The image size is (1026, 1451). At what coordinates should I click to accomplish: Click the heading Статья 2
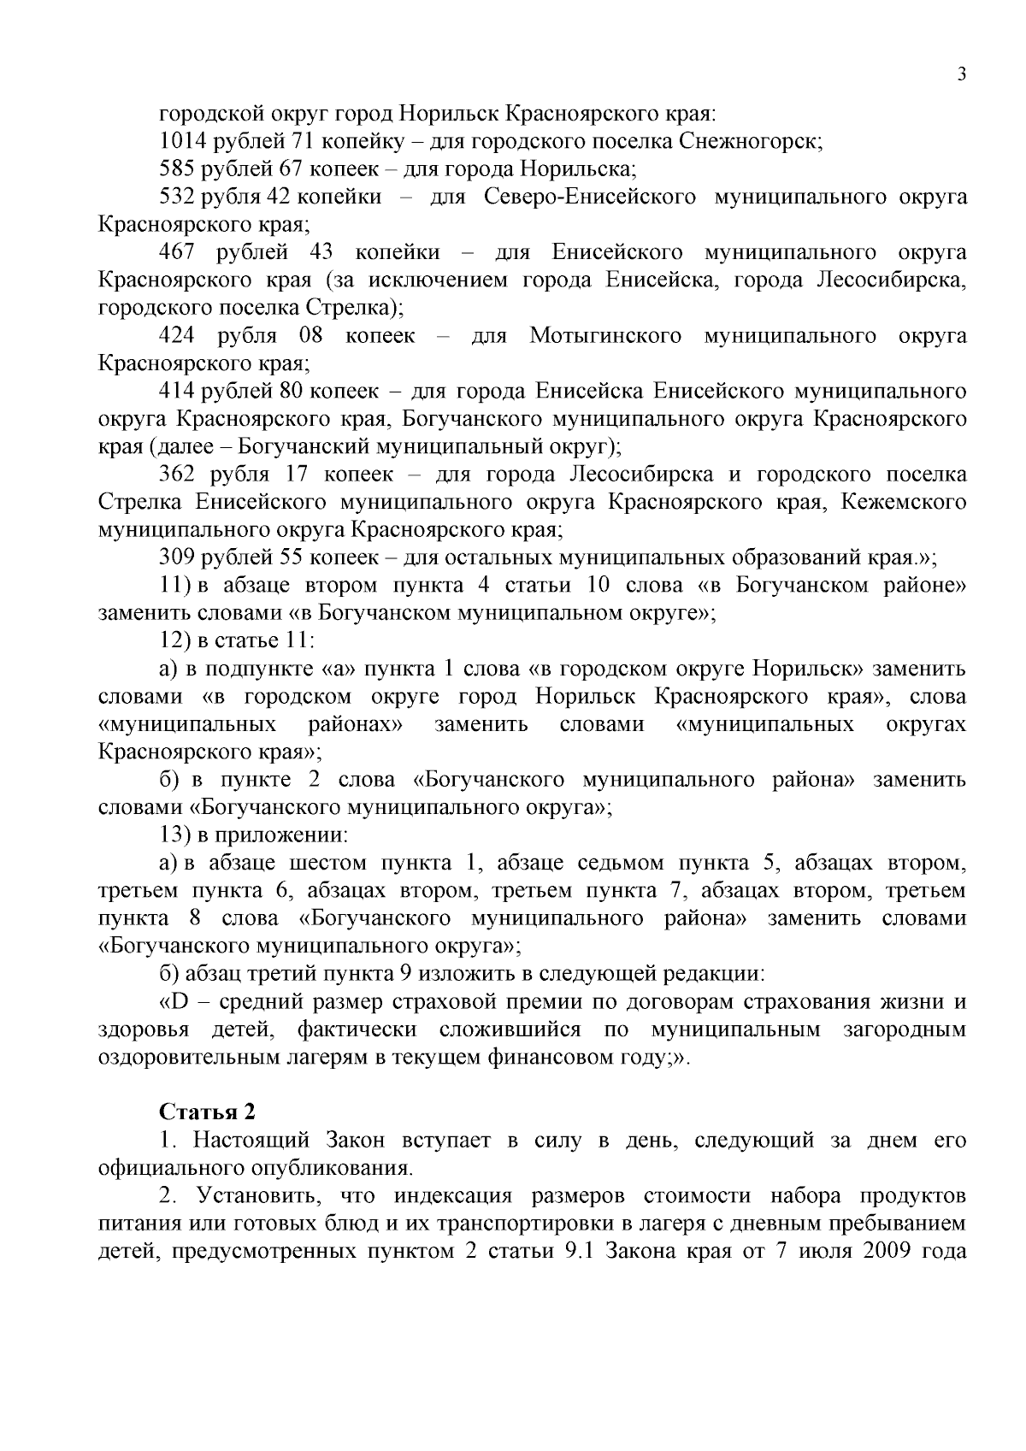pos(207,1112)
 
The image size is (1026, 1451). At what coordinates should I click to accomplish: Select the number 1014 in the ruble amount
pos(178,142)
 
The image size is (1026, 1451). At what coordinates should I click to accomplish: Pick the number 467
pos(178,252)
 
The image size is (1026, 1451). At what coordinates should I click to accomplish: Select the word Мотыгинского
pos(605,335)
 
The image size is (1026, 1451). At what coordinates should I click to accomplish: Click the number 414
pos(178,391)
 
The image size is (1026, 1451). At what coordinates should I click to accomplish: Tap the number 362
pos(178,474)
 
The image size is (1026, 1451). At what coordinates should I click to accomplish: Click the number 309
pos(178,557)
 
